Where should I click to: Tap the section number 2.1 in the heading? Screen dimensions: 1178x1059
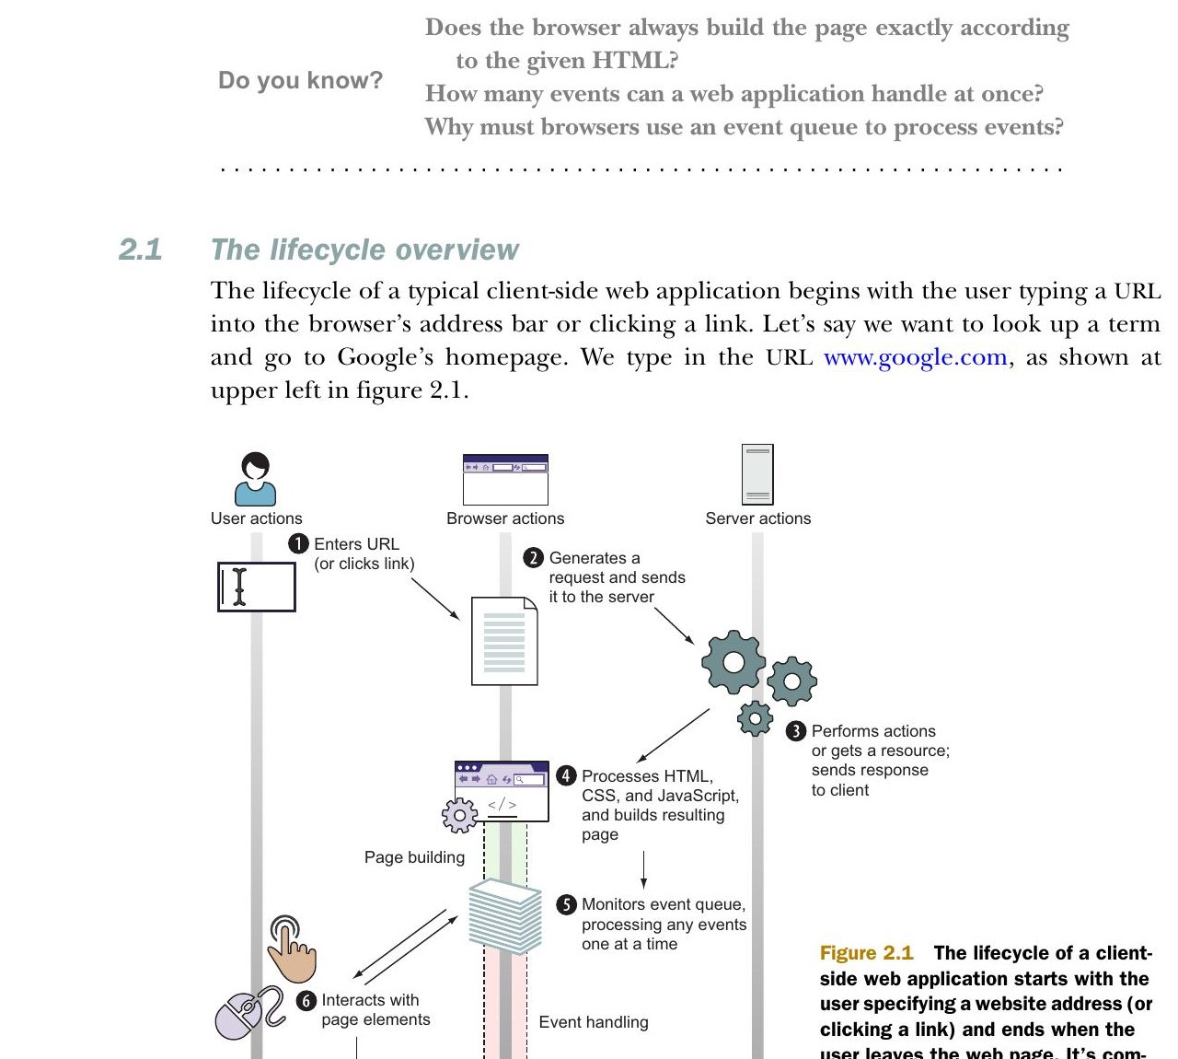coord(140,250)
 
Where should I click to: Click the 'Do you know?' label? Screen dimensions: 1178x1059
coord(300,80)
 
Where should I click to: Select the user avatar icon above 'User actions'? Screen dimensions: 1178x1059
coord(255,478)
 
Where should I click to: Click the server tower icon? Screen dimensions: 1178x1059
coord(757,474)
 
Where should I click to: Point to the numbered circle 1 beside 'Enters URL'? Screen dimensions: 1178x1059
coord(298,544)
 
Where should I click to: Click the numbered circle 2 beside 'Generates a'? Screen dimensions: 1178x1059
coord(533,558)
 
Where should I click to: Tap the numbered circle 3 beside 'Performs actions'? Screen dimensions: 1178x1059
coord(796,731)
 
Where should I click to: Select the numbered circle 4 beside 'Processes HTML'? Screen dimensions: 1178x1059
coord(566,775)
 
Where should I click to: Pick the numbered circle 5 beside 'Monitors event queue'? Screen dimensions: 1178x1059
coord(566,904)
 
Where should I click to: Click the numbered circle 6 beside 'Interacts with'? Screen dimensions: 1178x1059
coord(306,1001)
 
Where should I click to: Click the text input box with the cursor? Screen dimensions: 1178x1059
coord(257,587)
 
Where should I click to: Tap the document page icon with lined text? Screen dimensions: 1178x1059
coord(504,641)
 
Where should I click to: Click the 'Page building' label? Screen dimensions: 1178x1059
coord(414,857)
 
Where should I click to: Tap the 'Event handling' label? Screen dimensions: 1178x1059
coord(593,1022)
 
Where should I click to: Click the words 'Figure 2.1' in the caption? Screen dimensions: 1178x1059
coord(866,952)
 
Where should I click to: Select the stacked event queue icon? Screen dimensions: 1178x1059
coord(504,916)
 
